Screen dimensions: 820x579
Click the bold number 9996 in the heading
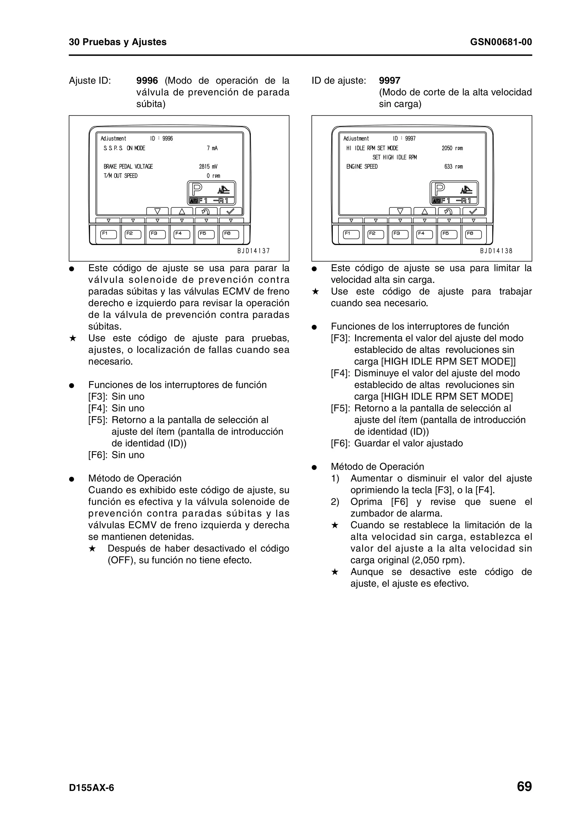[147, 81]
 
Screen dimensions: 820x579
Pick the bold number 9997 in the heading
[390, 81]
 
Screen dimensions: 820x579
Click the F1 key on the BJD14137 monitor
[109, 234]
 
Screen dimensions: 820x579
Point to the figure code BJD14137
[254, 251]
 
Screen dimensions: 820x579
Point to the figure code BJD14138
[496, 251]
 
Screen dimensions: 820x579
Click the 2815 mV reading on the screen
[208, 167]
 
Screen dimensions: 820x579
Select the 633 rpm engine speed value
[453, 167]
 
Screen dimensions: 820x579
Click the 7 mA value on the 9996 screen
[212, 148]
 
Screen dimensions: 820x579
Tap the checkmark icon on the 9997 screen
[473, 211]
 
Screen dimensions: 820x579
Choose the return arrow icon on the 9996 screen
[206, 211]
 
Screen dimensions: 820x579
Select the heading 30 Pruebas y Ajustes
[118, 42]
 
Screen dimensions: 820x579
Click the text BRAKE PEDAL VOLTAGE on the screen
[128, 167]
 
